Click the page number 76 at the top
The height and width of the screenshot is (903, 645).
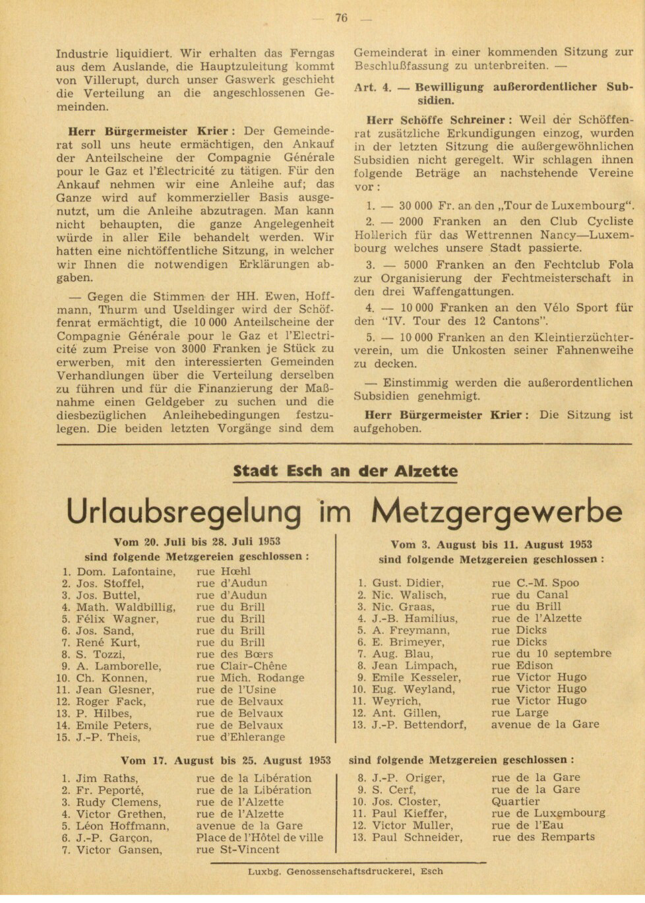(341, 18)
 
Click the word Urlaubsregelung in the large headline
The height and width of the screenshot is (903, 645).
(184, 511)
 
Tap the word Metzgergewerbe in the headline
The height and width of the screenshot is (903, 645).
(497, 511)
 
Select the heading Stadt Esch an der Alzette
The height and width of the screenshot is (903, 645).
(345, 471)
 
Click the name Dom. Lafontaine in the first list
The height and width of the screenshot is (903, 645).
(126, 571)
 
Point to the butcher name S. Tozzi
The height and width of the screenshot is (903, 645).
(101, 654)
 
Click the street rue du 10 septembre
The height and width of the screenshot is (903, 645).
(551, 654)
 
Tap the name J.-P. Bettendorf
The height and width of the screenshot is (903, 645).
(419, 725)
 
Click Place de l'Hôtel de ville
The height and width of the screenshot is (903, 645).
(259, 838)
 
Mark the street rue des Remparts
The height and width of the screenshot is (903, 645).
(543, 837)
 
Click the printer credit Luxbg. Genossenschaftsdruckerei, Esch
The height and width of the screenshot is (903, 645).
(346, 871)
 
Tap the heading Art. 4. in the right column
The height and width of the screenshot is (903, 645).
(373, 87)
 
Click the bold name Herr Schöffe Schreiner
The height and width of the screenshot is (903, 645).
(435, 120)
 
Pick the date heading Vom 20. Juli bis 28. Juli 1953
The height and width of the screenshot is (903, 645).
(197, 542)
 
